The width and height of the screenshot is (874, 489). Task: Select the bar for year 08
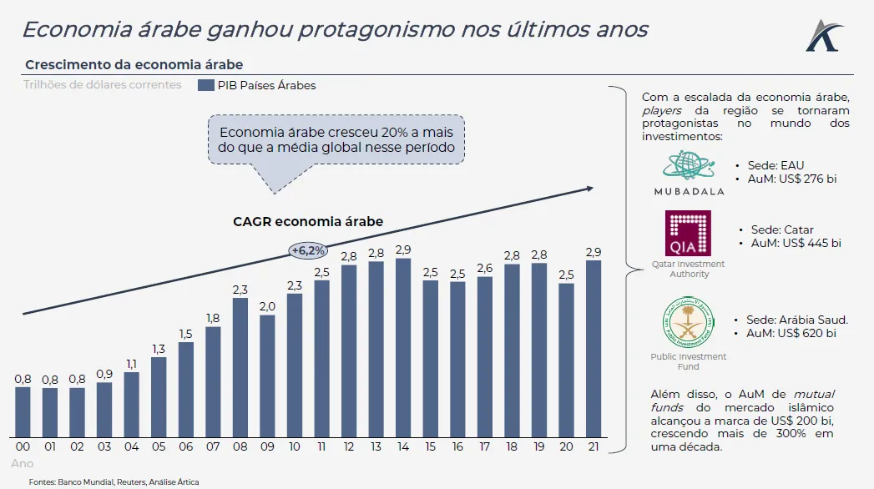(240, 367)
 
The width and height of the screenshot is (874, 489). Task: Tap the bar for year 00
(23, 411)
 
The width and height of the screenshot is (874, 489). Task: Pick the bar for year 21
(594, 349)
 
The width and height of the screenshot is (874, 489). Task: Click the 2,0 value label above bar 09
(267, 306)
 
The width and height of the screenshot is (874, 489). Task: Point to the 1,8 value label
(213, 318)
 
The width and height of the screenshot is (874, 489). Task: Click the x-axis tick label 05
(159, 446)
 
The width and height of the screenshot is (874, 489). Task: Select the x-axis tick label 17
(485, 446)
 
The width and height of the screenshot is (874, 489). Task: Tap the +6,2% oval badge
(308, 250)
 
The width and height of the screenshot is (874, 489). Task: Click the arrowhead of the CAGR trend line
(589, 188)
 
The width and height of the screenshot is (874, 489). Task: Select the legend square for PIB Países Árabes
(205, 85)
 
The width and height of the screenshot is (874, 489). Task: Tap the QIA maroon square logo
(688, 233)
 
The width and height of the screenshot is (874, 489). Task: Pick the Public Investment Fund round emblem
(688, 324)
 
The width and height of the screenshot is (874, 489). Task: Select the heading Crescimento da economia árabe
(134, 64)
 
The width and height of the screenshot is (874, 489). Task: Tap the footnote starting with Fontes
(114, 481)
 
